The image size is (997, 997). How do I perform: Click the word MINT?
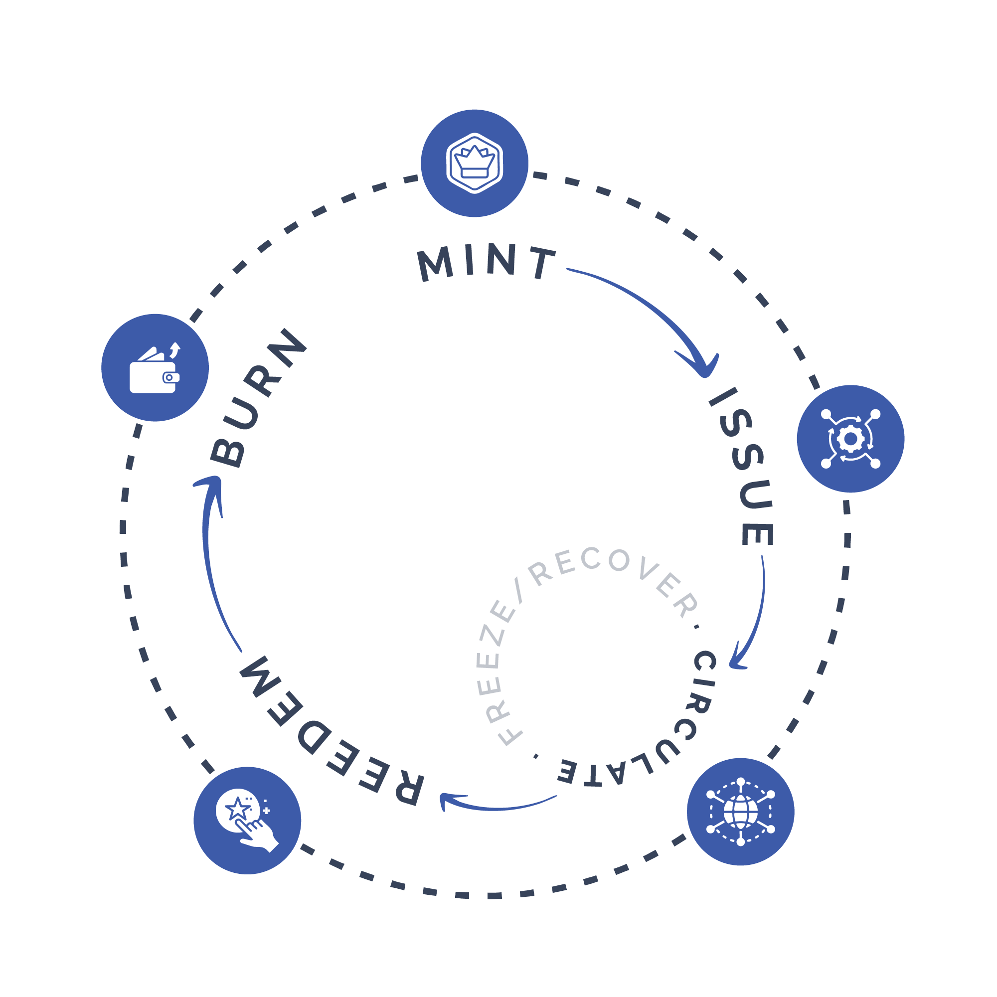pyautogui.click(x=486, y=263)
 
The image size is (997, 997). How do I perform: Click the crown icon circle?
pyautogui.click(x=474, y=163)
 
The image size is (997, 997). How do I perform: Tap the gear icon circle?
pyautogui.click(x=850, y=439)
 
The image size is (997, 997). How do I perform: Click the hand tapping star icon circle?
pyautogui.click(x=247, y=821)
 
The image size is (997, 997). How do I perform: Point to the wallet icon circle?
pyautogui.click(x=155, y=367)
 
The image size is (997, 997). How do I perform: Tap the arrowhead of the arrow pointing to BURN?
pyautogui.click(x=211, y=485)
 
